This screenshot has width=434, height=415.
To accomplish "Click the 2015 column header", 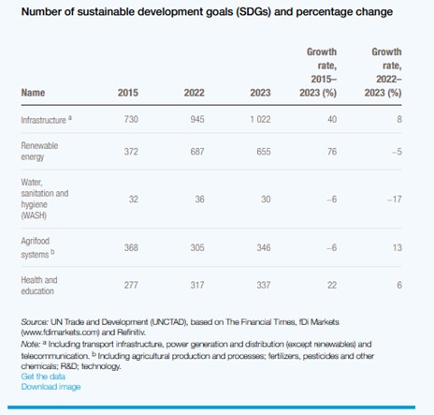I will (128, 92).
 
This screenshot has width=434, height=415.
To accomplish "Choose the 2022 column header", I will (195, 92).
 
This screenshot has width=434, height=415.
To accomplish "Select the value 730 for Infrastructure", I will (130, 121).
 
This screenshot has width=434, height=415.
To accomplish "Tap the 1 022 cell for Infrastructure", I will (265, 121).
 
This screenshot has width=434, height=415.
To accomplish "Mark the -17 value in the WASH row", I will (396, 200).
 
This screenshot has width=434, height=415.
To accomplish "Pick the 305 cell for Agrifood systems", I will (197, 246).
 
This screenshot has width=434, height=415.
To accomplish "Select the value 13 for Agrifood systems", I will (398, 246).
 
